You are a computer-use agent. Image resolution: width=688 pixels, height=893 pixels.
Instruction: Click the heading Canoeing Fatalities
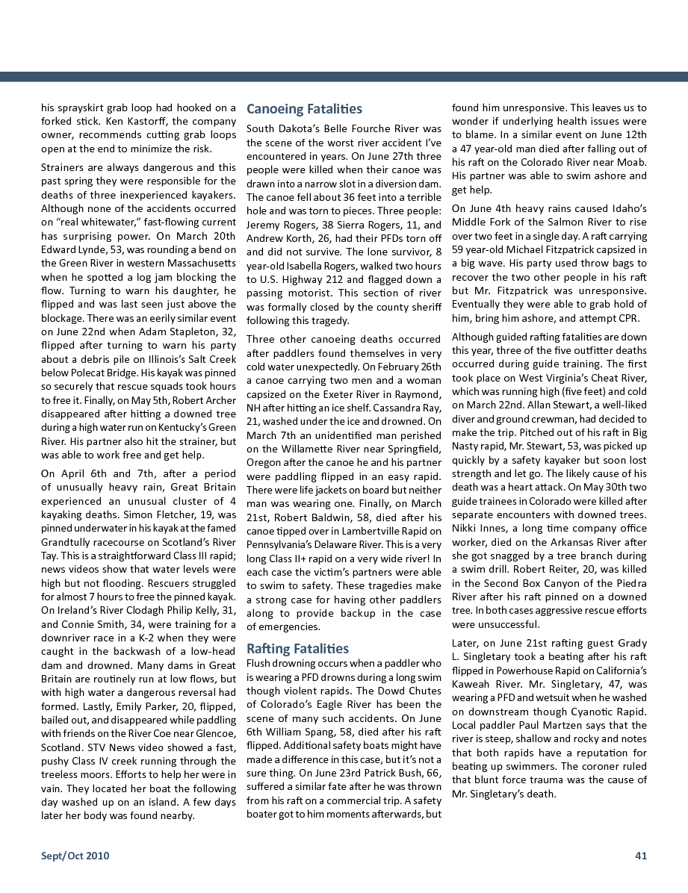coord(304,109)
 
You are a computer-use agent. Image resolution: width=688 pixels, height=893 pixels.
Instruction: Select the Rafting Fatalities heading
coord(297,648)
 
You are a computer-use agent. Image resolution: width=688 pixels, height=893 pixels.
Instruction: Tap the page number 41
coord(640,856)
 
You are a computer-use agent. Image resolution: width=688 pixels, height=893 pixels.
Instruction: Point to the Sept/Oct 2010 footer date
coord(75,856)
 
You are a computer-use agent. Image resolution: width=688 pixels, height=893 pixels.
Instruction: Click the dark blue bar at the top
coord(344,76)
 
